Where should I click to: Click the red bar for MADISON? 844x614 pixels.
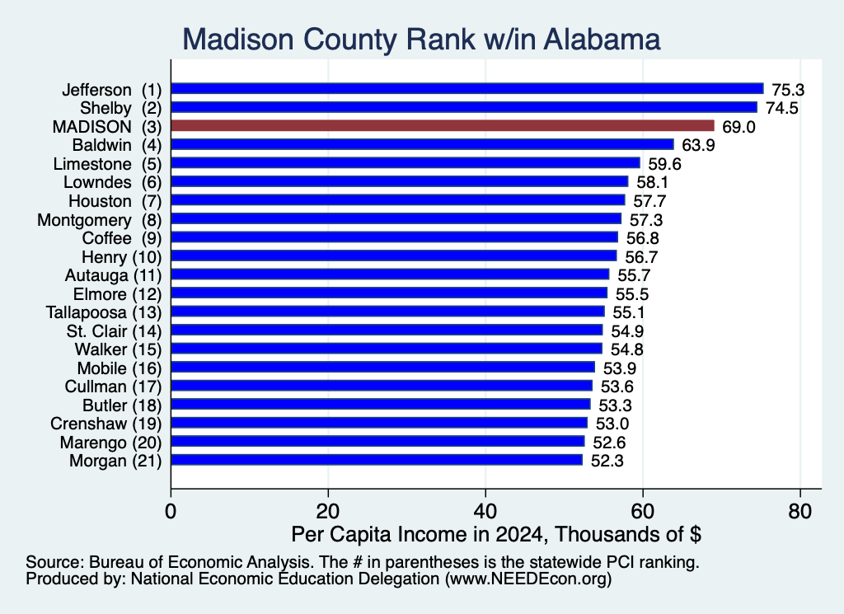(443, 125)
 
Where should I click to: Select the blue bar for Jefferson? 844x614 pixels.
(467, 89)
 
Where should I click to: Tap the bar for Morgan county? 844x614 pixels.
(377, 460)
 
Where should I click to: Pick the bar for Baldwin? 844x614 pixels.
(423, 144)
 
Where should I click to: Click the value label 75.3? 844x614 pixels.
(788, 90)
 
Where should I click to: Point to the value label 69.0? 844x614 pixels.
(738, 127)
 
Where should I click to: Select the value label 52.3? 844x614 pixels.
(607, 462)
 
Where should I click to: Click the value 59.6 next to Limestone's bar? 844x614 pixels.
(665, 164)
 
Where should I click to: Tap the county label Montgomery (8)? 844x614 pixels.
(100, 220)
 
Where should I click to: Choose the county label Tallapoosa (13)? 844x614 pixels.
(104, 312)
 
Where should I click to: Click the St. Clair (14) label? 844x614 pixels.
(114, 331)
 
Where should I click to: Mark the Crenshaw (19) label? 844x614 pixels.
(106, 424)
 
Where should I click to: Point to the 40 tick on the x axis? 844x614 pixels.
(485, 511)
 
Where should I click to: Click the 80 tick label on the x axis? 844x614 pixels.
(799, 511)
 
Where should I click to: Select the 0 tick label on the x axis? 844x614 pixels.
(171, 511)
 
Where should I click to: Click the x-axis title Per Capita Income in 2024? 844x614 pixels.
(420, 534)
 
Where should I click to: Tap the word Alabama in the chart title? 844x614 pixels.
(602, 40)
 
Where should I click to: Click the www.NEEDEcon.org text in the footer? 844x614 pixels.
(528, 579)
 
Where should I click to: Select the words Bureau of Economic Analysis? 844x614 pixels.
(202, 562)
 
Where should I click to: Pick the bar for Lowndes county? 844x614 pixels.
(400, 181)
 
